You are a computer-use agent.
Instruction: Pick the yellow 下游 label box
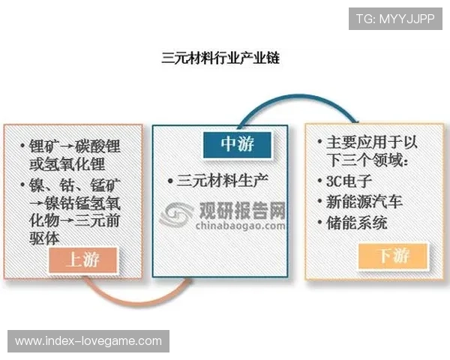[x=394, y=256]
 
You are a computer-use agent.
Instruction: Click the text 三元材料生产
[x=222, y=180]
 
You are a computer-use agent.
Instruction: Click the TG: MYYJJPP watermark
[x=395, y=18]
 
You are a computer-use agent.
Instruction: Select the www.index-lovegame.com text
[x=88, y=341]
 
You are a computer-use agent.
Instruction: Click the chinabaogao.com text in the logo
[x=240, y=224]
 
